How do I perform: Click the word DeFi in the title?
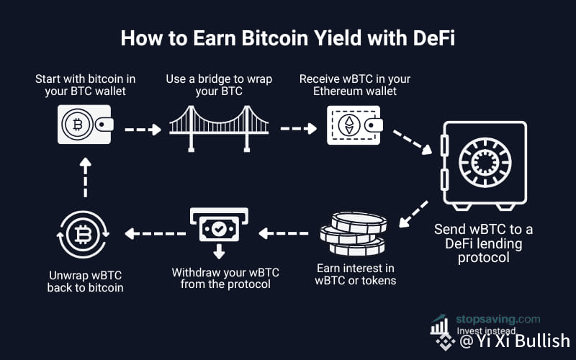434,38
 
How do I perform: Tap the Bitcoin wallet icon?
85,125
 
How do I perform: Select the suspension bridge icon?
219,129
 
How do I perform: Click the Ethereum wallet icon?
355,125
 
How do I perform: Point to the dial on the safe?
485,163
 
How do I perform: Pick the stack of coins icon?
354,233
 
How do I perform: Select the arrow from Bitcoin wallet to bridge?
143,130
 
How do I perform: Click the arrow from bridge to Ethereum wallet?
298,129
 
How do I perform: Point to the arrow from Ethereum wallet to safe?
412,142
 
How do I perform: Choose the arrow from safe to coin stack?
413,214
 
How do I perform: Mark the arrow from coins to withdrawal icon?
283,233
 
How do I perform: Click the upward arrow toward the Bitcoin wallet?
85,177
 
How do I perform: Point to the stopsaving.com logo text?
498,319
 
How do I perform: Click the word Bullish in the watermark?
542,341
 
